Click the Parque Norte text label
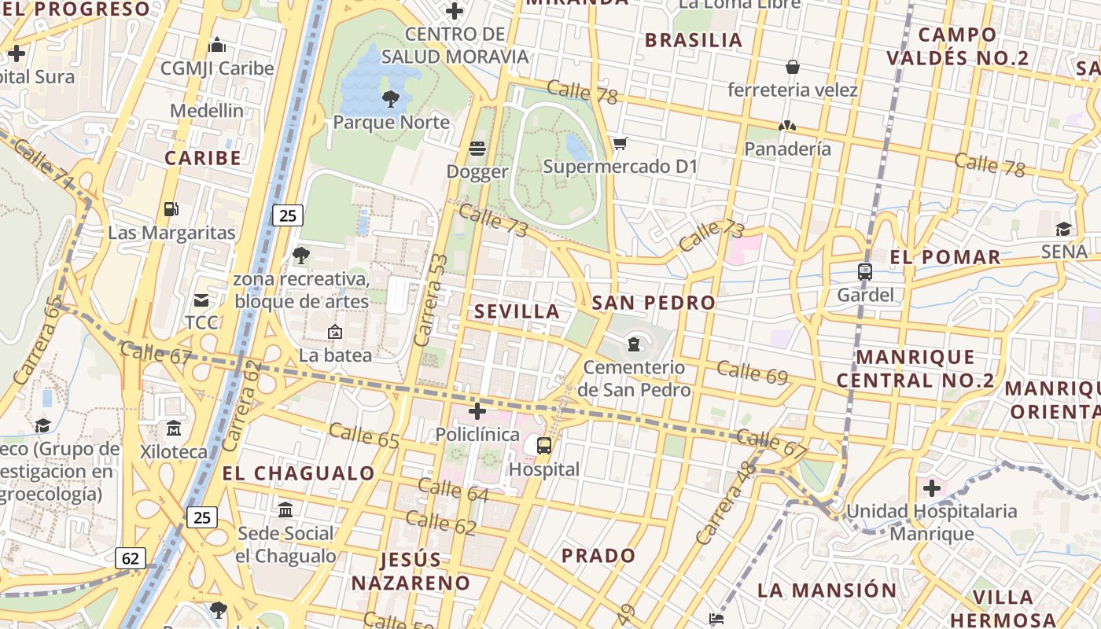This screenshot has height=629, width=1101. click(x=391, y=123)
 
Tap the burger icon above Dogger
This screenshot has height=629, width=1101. click(x=477, y=149)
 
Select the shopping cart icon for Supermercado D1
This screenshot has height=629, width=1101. click(x=620, y=143)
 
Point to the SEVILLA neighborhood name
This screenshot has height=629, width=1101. click(x=517, y=311)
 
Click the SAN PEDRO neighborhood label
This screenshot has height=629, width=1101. click(x=654, y=303)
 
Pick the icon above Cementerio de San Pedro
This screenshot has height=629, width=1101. click(x=633, y=344)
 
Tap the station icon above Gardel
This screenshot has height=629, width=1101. click(x=865, y=272)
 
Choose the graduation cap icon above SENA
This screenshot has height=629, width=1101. click(x=1063, y=229)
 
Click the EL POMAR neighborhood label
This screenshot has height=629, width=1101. click(x=945, y=257)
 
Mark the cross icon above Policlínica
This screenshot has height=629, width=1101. click(x=477, y=411)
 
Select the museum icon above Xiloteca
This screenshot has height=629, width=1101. click(x=173, y=429)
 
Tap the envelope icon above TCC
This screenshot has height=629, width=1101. click(x=201, y=300)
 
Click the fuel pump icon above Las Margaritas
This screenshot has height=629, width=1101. click(x=171, y=209)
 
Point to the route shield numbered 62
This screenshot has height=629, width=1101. click(x=130, y=558)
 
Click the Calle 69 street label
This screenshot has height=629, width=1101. click(x=752, y=373)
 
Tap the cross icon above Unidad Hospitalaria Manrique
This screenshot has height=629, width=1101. click(x=932, y=488)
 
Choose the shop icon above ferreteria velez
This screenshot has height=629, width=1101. click(x=793, y=67)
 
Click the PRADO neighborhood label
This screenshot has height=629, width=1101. click(x=598, y=556)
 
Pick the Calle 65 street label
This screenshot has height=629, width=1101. click(x=364, y=436)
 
